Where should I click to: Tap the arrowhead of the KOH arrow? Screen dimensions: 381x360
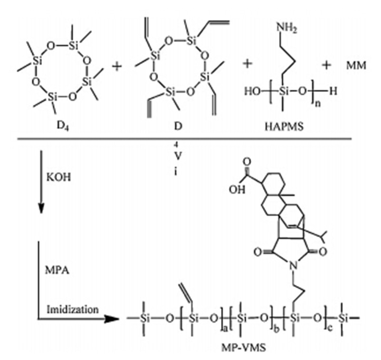tap(41, 210)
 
